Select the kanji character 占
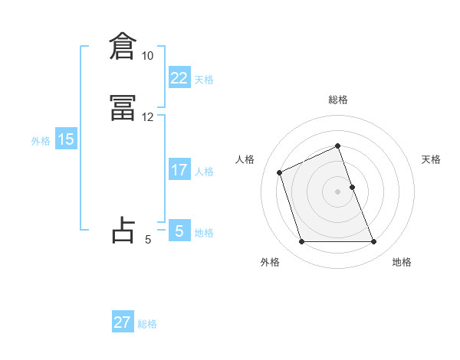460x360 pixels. tap(123, 230)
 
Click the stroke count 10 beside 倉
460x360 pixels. tap(147, 56)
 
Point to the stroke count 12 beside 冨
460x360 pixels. tap(147, 117)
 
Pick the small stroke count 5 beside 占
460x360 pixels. tap(147, 240)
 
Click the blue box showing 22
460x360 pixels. tap(179, 79)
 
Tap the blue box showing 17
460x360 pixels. tap(179, 171)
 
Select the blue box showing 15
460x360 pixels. tap(65, 140)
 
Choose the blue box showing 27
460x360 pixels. tap(123, 322)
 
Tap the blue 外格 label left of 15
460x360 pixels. tap(41, 141)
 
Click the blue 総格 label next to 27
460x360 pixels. tap(147, 324)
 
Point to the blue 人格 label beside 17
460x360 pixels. tap(205, 172)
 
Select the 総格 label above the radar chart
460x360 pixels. tap(338, 100)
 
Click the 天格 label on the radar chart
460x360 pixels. tap(432, 159)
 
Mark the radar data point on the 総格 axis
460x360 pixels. tap(338, 146)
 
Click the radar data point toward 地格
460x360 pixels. tap(374, 242)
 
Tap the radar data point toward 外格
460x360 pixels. tap(301, 242)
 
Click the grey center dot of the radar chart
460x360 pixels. tap(338, 191)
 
